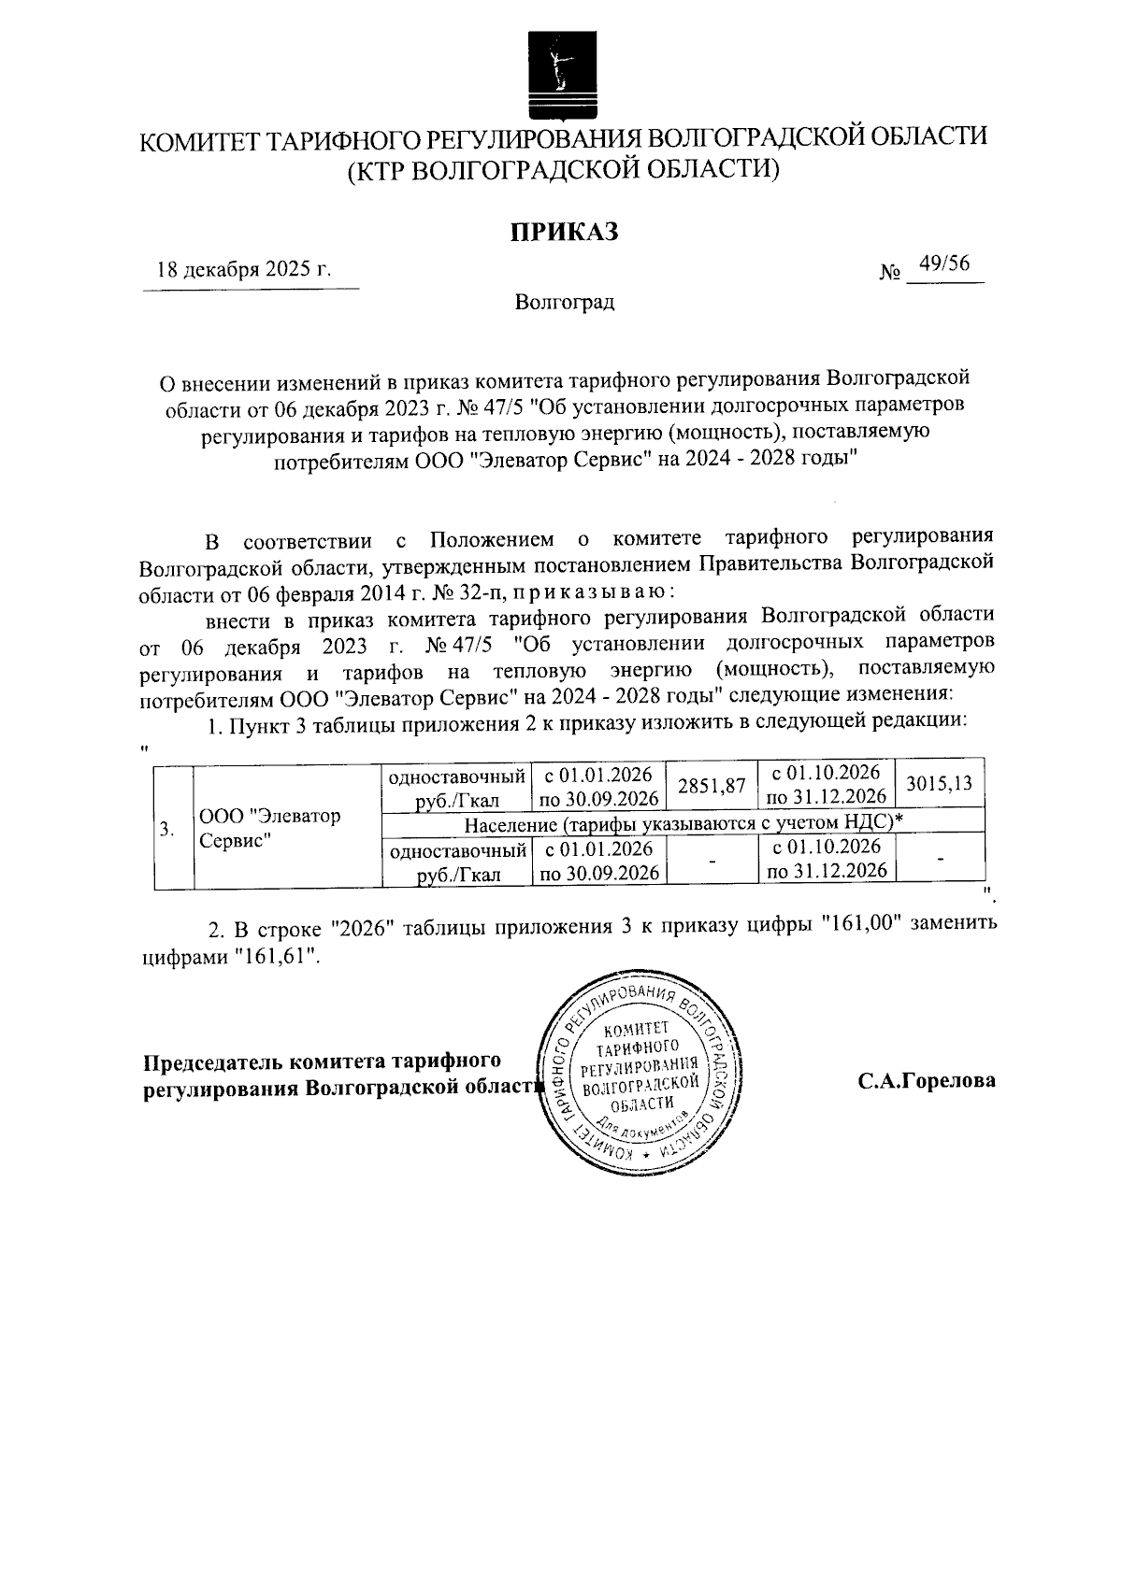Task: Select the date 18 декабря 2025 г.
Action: [x=244, y=271]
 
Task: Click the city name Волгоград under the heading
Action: [x=565, y=303]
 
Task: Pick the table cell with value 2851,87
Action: [x=711, y=786]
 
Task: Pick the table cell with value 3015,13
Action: [x=939, y=783]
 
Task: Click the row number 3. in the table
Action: [x=165, y=828]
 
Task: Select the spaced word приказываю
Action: [x=590, y=592]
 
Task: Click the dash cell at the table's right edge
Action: [x=940, y=859]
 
